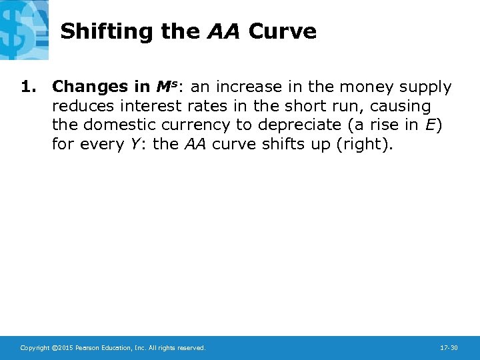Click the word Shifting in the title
99,31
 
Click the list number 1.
27,87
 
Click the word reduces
80,107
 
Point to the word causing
403,107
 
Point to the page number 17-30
449,348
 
